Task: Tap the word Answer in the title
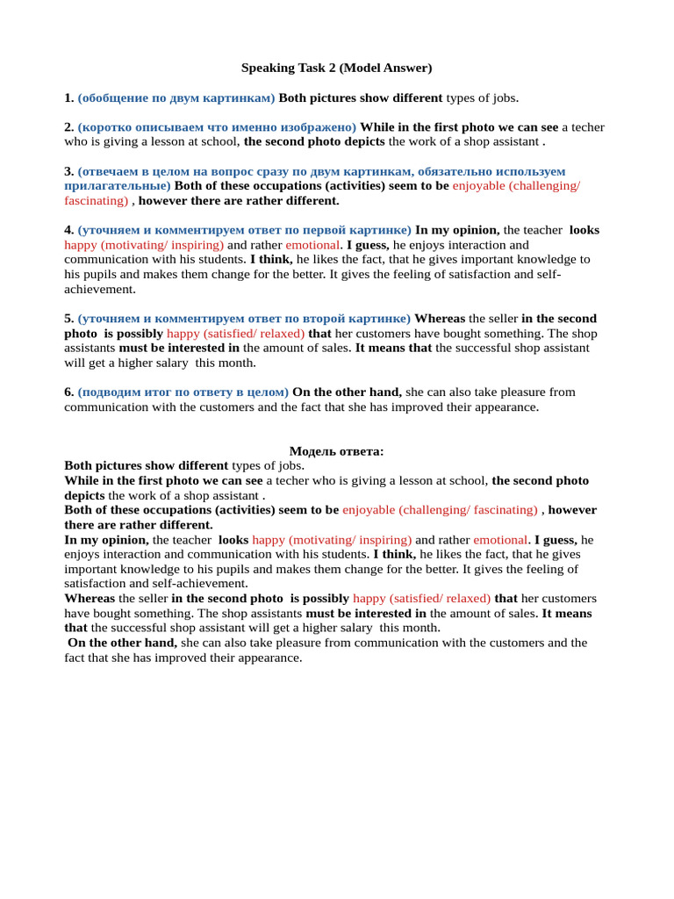(x=406, y=68)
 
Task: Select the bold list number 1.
(x=68, y=97)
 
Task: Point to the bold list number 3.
(x=68, y=171)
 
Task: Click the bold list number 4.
(x=68, y=230)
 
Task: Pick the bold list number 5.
(x=68, y=319)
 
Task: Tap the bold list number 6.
(x=68, y=392)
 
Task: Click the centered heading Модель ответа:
(x=336, y=451)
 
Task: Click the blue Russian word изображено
(x=319, y=127)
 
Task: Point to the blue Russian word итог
(x=160, y=392)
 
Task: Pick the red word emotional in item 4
(x=312, y=245)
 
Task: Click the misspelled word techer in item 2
(x=588, y=127)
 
